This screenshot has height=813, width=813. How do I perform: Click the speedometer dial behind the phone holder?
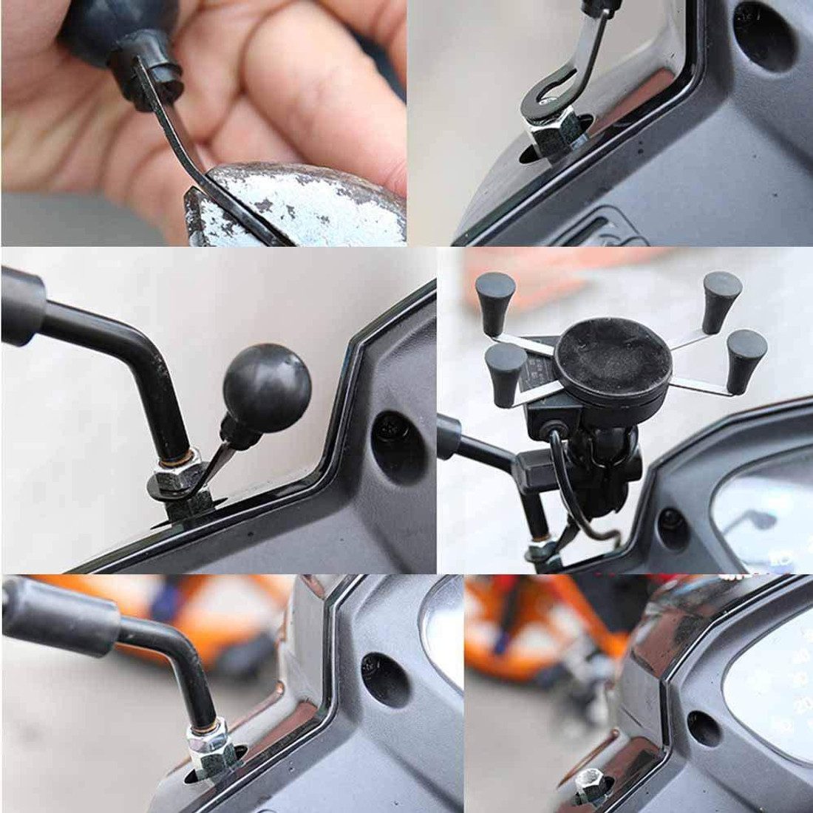[761, 510]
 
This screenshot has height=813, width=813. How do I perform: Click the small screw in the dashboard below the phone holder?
[669, 520]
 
